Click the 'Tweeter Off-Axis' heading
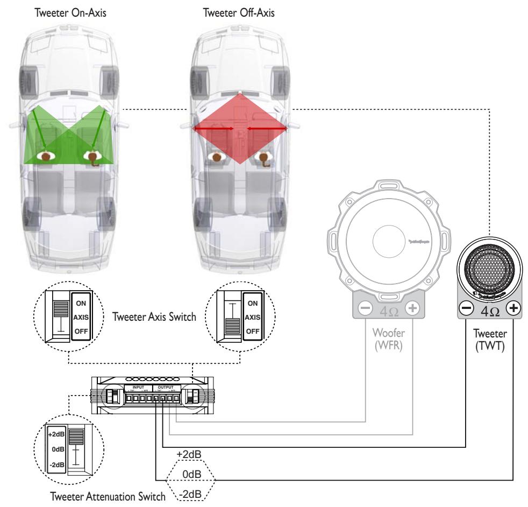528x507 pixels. click(239, 12)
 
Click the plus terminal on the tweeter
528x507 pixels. click(513, 309)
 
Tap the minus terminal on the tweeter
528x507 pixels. click(465, 309)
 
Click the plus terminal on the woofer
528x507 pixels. click(412, 309)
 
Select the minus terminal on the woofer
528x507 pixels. click(364, 309)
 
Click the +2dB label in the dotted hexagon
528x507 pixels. click(188, 455)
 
